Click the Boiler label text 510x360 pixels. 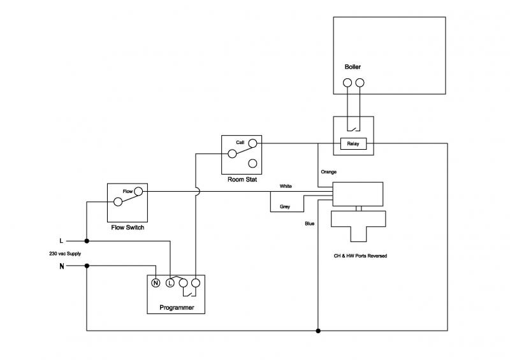[x=353, y=67]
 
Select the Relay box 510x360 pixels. [x=353, y=144]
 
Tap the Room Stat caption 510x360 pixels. [x=242, y=180]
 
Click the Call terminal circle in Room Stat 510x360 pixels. [x=252, y=143]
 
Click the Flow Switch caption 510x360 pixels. [x=126, y=226]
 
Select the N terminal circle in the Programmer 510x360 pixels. [x=155, y=283]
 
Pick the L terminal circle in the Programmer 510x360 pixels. [x=170, y=283]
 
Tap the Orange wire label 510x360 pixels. [x=329, y=172]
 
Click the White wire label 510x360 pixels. [x=286, y=186]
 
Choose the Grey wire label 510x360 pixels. [x=285, y=206]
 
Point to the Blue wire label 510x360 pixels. [x=310, y=223]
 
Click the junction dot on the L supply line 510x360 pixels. [x=87, y=241]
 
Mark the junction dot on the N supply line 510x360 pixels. [x=87, y=266]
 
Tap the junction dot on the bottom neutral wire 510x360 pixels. [x=318, y=331]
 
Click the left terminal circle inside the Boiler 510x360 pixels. [x=347, y=83]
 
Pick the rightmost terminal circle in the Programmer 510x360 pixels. [x=196, y=283]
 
